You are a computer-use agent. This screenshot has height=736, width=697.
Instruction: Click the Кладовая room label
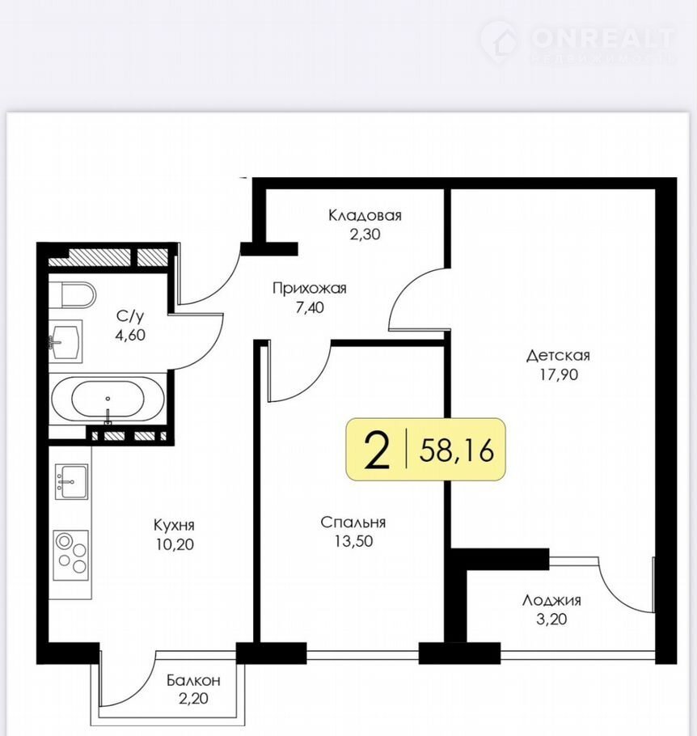click(x=365, y=215)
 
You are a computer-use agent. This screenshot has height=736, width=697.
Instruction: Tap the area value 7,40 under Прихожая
click(x=310, y=307)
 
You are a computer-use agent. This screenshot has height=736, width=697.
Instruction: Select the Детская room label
click(x=558, y=355)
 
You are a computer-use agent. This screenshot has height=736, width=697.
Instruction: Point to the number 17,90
click(x=559, y=374)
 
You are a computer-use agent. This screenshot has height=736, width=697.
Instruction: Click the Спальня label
click(x=353, y=522)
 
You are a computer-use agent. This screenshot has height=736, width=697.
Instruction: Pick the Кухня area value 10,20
click(x=175, y=544)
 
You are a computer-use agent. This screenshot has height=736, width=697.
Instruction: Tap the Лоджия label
click(x=551, y=600)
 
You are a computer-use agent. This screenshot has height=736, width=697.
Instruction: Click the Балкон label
click(x=193, y=680)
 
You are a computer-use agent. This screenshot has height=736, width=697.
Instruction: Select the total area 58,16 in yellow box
click(x=457, y=450)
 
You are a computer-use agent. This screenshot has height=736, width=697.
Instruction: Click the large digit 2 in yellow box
click(x=377, y=450)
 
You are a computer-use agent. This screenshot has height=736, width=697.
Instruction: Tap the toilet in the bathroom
click(x=78, y=294)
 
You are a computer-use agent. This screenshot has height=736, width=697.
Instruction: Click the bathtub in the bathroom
click(x=108, y=399)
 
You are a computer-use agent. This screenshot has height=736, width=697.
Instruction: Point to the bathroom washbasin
click(x=65, y=341)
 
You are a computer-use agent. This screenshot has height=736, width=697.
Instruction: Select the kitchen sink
click(x=71, y=481)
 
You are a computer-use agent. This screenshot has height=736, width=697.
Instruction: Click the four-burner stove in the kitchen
click(x=71, y=555)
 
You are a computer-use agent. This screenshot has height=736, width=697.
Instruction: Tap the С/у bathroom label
click(x=130, y=316)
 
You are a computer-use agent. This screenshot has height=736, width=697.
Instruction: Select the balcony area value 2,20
click(x=193, y=699)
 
